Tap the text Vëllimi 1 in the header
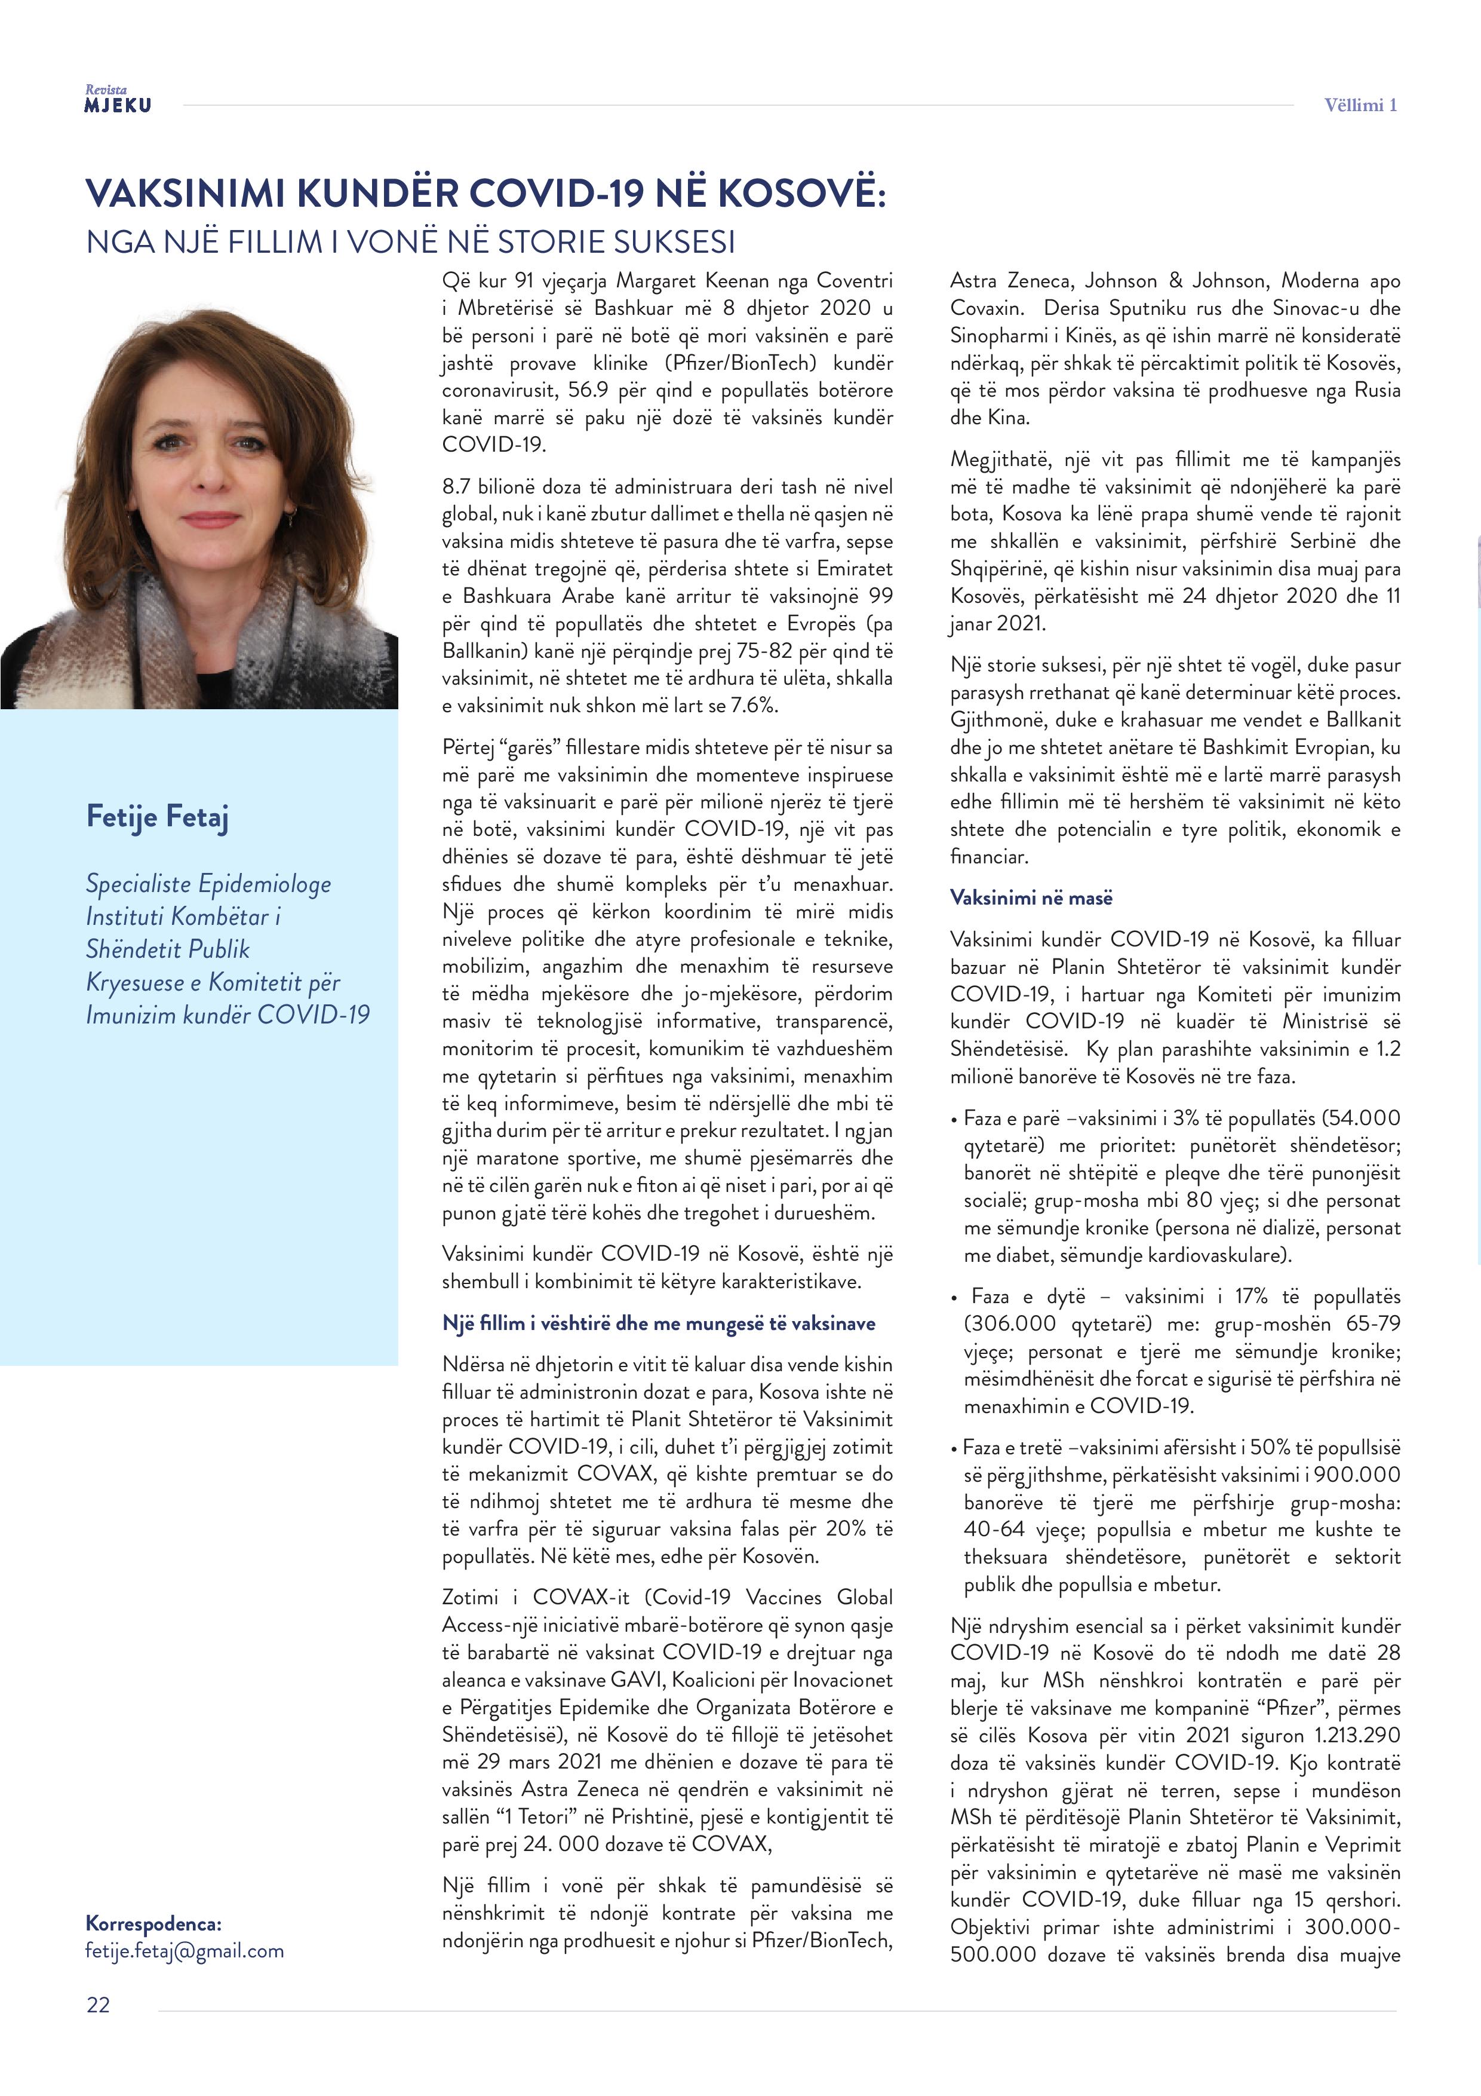[1360, 105]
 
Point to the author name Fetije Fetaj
[157, 816]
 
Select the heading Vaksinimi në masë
[1031, 897]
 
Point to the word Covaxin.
[985, 308]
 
